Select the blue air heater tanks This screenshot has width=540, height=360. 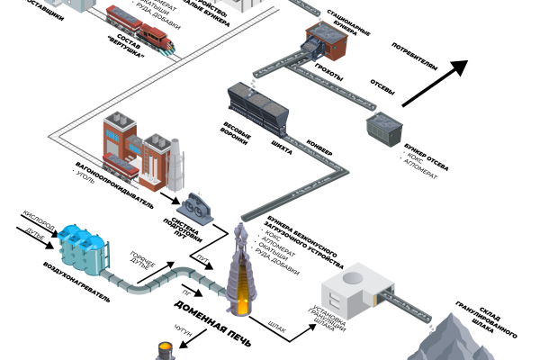(81, 245)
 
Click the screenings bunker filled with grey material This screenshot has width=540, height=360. (385, 129)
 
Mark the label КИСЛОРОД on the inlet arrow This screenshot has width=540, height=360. (40, 220)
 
